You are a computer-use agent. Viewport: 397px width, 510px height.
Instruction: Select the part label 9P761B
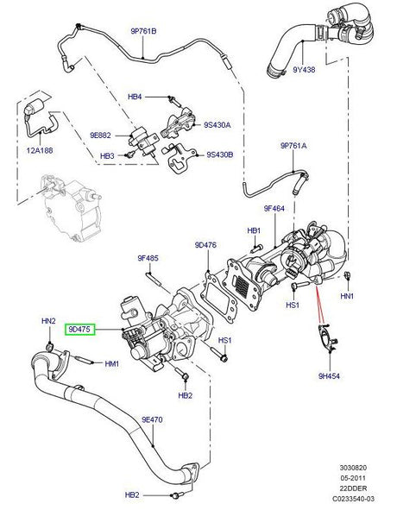pos(145,32)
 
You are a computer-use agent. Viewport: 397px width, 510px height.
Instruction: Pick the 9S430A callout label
pos(219,125)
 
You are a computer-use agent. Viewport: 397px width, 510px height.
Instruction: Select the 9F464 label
pos(274,207)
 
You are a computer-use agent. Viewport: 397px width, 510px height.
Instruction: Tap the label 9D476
pos(205,245)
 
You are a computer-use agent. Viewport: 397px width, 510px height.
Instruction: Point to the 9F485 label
pos(148,258)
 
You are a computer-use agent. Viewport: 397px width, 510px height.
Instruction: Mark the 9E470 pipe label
pos(152,419)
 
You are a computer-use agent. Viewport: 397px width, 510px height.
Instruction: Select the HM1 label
pos(111,363)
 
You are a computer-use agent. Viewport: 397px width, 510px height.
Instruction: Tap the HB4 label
pos(135,97)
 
